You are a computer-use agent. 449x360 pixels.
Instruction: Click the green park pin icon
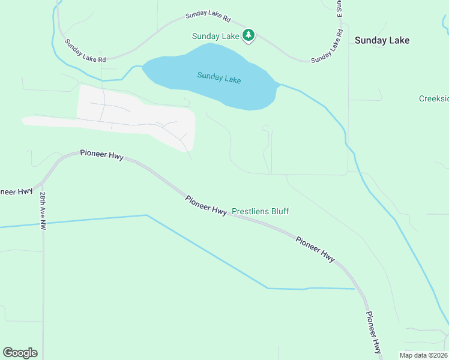coord(249,35)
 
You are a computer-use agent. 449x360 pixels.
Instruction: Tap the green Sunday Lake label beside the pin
coord(216,36)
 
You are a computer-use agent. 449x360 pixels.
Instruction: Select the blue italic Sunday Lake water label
coord(219,77)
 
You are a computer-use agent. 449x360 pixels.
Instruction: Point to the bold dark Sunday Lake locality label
coord(382,40)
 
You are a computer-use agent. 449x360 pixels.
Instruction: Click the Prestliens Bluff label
coord(260,211)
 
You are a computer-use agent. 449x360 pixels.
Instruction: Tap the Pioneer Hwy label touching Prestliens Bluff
coord(206,206)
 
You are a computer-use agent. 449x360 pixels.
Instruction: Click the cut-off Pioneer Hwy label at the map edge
coord(16,191)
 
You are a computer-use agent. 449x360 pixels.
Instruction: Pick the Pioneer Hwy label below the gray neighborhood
coord(101,155)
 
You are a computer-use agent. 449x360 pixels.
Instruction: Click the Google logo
coord(20,353)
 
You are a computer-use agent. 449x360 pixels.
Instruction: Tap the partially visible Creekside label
coord(433,98)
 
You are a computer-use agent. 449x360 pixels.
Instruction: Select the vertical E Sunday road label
coord(339,7)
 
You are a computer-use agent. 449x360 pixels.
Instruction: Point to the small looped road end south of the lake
coord(266,127)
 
